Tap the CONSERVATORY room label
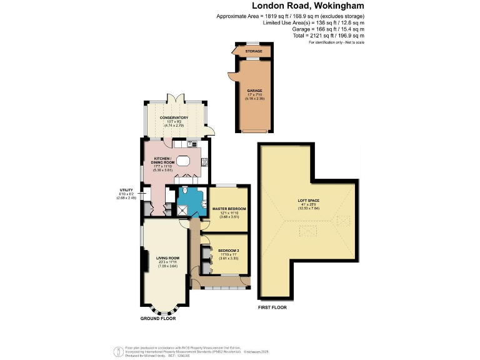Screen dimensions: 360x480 [174, 117]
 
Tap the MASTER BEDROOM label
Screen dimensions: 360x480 [229, 208]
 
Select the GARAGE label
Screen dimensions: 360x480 [254, 91]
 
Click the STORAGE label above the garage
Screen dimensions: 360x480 [253, 51]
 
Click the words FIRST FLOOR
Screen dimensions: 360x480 [273, 308]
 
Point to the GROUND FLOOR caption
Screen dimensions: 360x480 [157, 318]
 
